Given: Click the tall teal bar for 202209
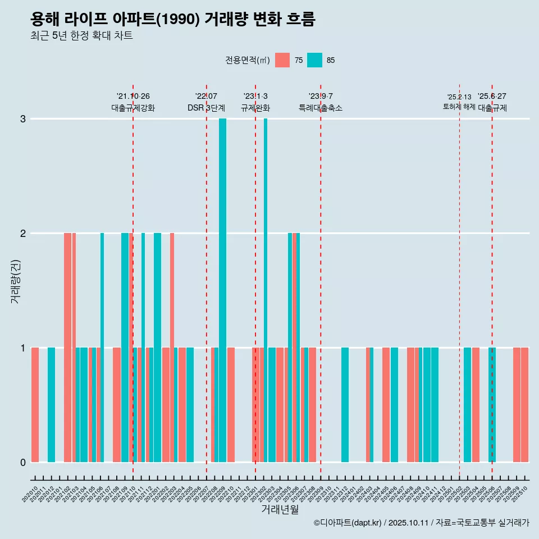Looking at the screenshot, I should point(223,290).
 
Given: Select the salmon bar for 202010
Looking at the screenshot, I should point(35,404).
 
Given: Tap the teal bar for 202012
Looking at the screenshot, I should point(51,404).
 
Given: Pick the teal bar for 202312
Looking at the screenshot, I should point(345,404).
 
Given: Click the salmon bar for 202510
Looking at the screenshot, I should point(524,404).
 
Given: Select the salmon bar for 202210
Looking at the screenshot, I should point(231,404).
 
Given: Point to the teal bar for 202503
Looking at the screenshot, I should point(467,404).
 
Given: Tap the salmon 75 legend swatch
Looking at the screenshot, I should point(282,60).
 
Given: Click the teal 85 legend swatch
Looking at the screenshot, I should point(314,60).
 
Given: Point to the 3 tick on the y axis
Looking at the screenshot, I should point(23,118).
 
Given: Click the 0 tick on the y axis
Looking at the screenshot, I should point(23,462).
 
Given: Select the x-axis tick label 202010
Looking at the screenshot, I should point(30,494).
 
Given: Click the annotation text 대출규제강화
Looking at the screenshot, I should point(133,108).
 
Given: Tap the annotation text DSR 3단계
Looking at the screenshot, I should point(206,108).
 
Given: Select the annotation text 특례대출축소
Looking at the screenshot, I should point(320,108).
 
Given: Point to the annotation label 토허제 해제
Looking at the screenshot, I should point(459,106).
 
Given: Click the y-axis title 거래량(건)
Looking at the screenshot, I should point(15,281).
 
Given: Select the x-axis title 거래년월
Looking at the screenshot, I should point(280,509).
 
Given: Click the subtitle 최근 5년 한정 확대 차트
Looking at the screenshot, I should point(81,36).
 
